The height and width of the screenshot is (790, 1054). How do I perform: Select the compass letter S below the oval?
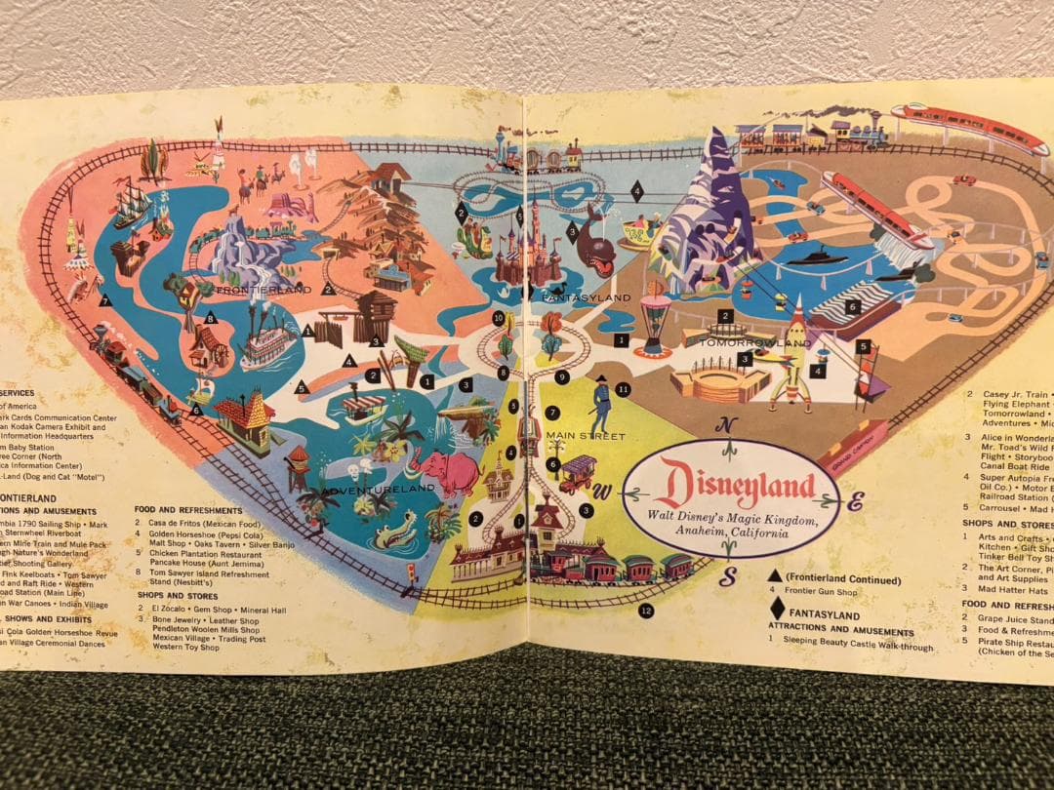726,577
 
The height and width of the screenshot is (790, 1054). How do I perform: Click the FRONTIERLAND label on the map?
263,290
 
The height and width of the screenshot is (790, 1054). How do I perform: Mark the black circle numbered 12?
646,612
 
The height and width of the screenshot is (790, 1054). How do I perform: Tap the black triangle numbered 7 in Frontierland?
105,300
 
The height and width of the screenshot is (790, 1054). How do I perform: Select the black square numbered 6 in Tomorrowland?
851,306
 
